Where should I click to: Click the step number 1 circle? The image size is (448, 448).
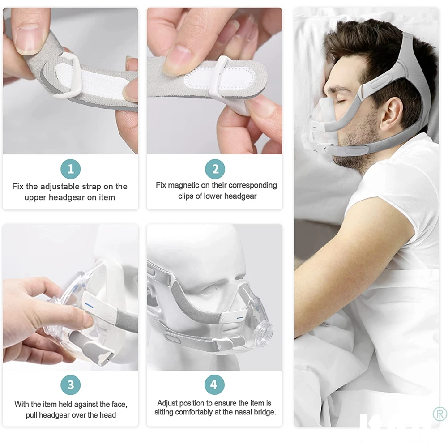point(71,169)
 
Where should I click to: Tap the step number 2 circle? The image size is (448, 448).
point(215,169)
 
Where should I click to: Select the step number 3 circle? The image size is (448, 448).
point(71,385)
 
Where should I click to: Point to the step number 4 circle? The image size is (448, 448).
point(214,384)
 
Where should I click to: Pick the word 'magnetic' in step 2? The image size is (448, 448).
point(183,185)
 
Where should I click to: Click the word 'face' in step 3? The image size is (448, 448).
point(119,404)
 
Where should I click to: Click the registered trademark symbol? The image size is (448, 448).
point(439,414)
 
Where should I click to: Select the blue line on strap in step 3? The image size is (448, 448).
point(90,306)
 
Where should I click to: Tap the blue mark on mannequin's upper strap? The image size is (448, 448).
point(240,317)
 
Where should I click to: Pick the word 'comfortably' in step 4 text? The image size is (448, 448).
point(197,412)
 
